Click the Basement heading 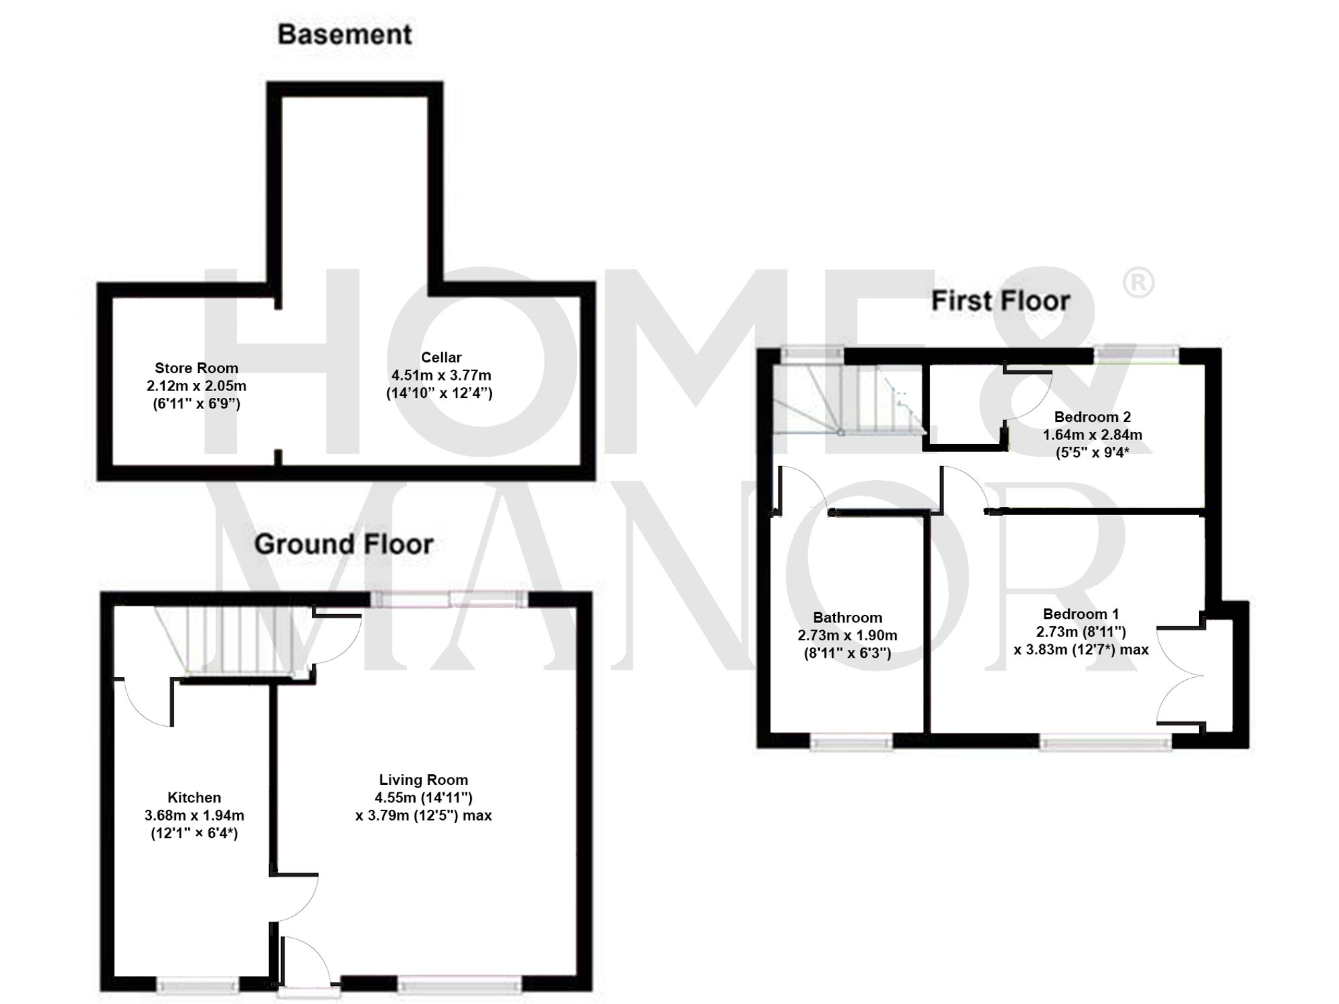pos(344,35)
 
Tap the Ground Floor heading pos(343,544)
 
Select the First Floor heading pos(1000,301)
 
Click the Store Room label pos(196,368)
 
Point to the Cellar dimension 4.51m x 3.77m pos(441,375)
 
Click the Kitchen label pos(194,798)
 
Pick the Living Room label pos(423,780)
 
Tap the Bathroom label pos(847,618)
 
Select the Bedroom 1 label pos(1081,614)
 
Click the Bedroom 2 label pos(1092,417)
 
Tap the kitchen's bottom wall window pos(198,985)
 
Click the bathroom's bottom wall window pos(851,741)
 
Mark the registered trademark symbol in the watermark pos(1137,283)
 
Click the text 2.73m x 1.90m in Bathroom pos(847,635)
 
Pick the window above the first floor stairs pos(812,353)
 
